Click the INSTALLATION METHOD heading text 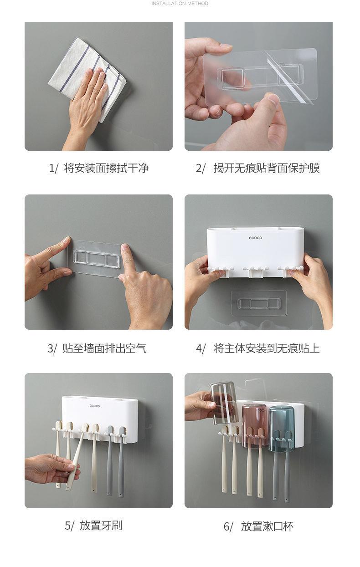(x=180, y=3)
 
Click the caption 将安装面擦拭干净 (x=106, y=168)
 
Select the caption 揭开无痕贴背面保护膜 (x=267, y=168)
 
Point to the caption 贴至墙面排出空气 (x=104, y=348)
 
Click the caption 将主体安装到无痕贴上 (x=267, y=348)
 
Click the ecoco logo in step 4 (x=255, y=238)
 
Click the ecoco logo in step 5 (x=95, y=406)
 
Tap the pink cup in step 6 (x=255, y=426)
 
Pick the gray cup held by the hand (x=224, y=403)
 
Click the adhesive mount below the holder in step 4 (x=259, y=303)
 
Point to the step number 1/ (x=53, y=169)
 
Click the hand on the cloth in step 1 (x=87, y=106)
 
